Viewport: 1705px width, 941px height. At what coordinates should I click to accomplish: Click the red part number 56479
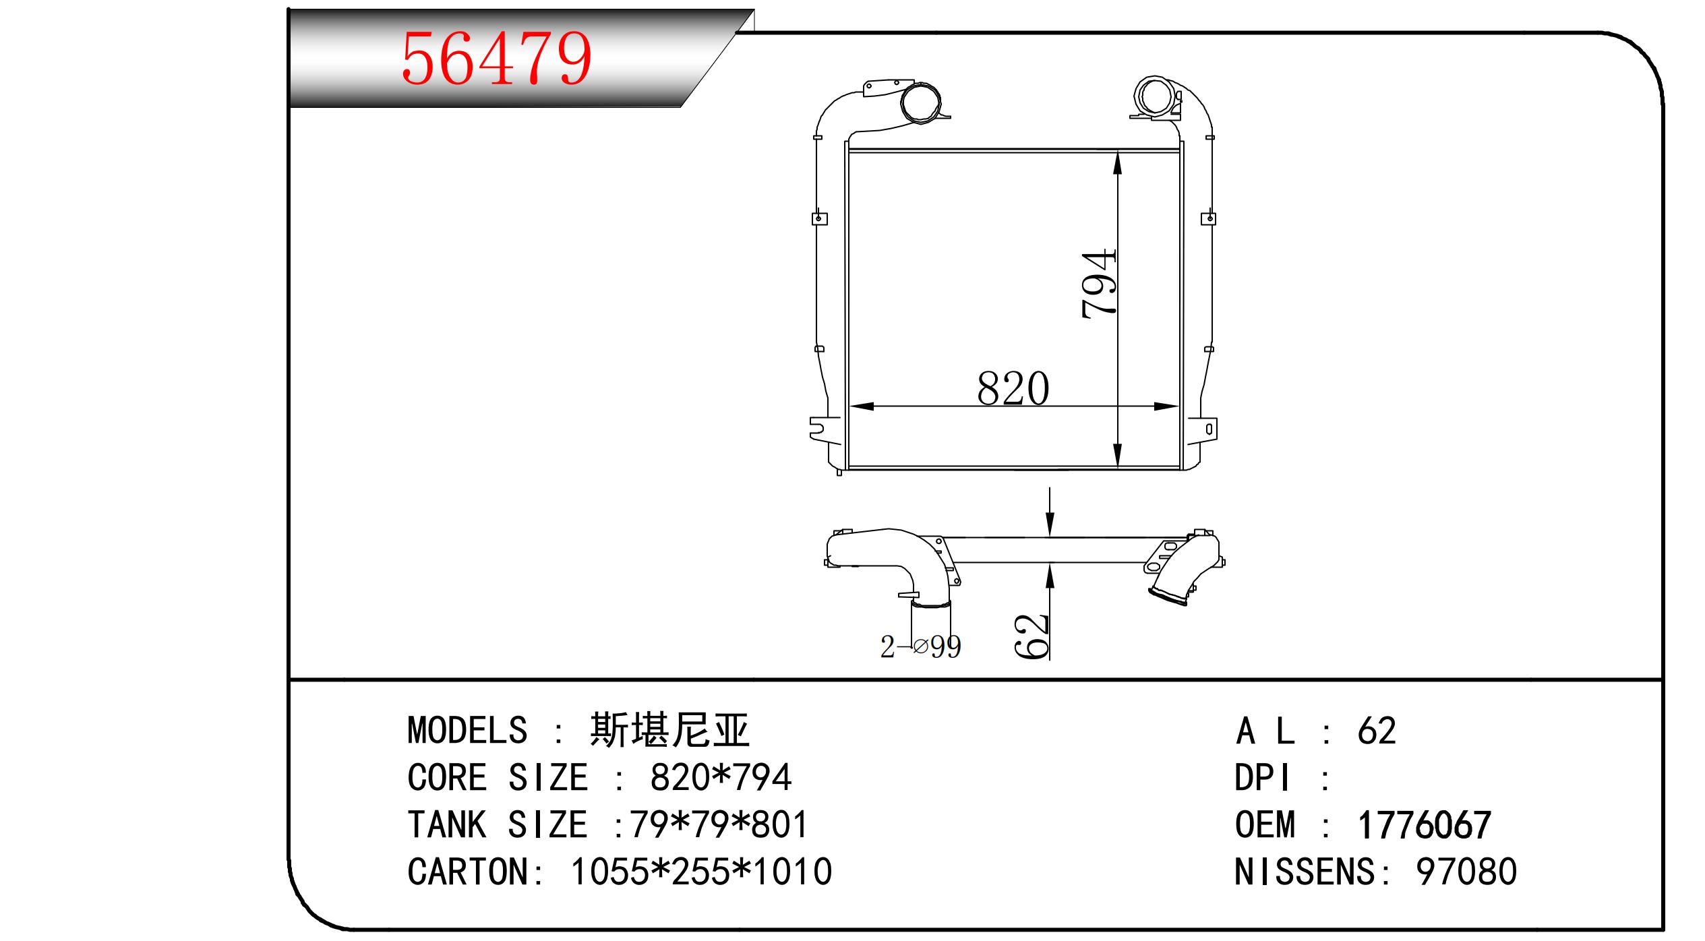pyautogui.click(x=497, y=59)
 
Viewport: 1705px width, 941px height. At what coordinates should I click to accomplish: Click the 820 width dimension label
pyautogui.click(x=1013, y=388)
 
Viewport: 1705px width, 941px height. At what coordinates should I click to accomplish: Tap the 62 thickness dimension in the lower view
pyautogui.click(x=1031, y=636)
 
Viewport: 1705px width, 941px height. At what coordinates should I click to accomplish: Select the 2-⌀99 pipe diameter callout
pyautogui.click(x=920, y=646)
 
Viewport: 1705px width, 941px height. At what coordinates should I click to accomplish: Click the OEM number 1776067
pyautogui.click(x=1424, y=825)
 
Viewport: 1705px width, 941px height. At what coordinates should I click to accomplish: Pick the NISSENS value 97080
pyautogui.click(x=1466, y=872)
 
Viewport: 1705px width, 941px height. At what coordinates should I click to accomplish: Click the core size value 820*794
pyautogui.click(x=720, y=777)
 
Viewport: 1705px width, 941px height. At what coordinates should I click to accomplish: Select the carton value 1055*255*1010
pyautogui.click(x=701, y=872)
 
